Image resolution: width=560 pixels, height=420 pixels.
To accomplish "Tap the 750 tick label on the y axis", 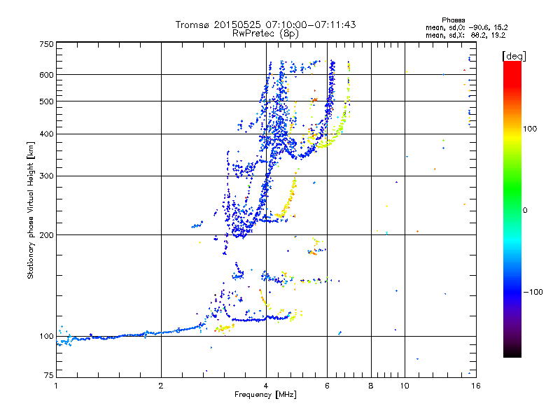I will [46, 43].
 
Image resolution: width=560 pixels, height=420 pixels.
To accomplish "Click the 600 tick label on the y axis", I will [46, 75].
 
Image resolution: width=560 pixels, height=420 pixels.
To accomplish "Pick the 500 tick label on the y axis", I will [46, 101].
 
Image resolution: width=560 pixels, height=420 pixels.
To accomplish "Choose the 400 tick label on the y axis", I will [46, 134].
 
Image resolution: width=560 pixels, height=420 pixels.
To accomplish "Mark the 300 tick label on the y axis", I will [46, 176].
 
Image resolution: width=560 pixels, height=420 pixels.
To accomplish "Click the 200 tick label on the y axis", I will [46, 234].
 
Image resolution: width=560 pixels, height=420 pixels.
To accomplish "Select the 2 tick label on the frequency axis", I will [161, 385].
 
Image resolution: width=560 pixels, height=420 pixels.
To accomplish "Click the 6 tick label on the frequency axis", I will [327, 385].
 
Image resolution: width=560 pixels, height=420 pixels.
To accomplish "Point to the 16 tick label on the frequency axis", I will [476, 385].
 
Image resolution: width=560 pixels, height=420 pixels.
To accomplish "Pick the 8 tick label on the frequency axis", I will [370, 385].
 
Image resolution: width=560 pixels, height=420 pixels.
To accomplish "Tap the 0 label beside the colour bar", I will [524, 210].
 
